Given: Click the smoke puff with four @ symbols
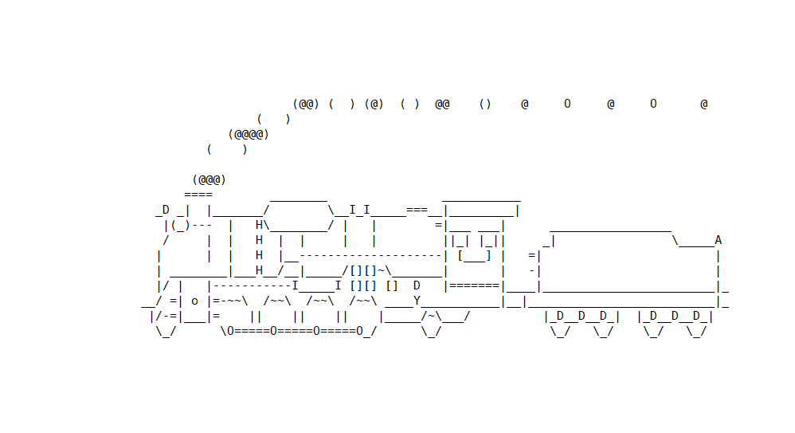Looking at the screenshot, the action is tap(249, 134).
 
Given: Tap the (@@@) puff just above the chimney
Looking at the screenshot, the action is tap(209, 179).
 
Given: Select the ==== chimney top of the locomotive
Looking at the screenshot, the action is tap(198, 195).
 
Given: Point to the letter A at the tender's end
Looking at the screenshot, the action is tap(719, 240).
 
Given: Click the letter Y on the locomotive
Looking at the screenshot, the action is tap(417, 301).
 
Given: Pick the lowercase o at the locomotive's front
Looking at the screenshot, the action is tap(194, 301).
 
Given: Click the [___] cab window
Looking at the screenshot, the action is tap(474, 255).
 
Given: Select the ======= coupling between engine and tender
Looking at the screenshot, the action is tap(474, 285).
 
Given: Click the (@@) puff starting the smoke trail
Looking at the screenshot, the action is tap(306, 104).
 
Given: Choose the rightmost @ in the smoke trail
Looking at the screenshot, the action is tap(704, 104).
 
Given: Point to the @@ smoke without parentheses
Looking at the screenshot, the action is tap(442, 104).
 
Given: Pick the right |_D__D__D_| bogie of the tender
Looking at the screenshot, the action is tap(676, 316).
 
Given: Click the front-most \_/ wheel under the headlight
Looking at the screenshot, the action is tap(166, 331).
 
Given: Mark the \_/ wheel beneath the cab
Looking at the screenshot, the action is tap(431, 331).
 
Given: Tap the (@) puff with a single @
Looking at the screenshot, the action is tap(374, 104).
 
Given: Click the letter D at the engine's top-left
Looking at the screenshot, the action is tap(166, 210).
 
